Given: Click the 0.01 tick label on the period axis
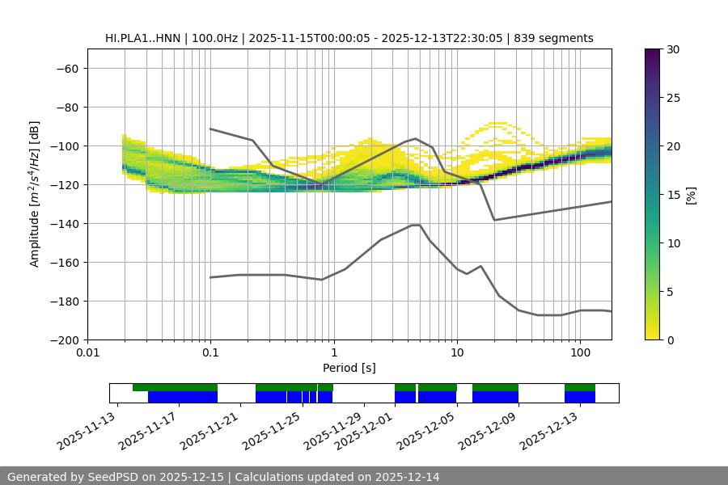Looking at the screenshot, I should [x=87, y=353].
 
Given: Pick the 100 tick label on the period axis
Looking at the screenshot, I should [x=579, y=353].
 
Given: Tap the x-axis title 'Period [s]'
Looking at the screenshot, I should [x=349, y=368].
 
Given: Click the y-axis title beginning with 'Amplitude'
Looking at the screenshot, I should [x=34, y=194].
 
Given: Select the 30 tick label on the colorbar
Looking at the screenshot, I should [x=673, y=49].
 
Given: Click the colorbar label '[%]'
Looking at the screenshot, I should [x=690, y=195].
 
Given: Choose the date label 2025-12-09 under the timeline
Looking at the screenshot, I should [x=488, y=428].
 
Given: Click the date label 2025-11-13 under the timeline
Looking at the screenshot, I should [x=87, y=428].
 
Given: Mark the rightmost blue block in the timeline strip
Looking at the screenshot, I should [x=580, y=397].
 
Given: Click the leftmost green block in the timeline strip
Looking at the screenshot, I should [x=175, y=387].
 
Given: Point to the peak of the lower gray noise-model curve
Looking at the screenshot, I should [x=416, y=225].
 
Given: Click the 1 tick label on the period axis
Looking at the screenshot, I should [x=334, y=353].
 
